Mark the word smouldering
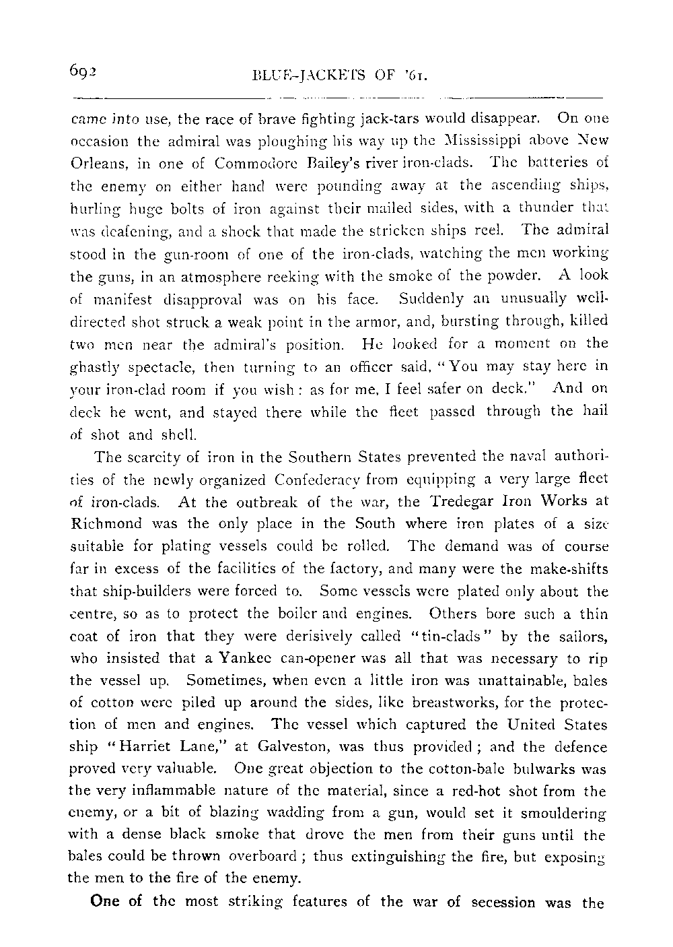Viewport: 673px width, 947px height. [x=564, y=813]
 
